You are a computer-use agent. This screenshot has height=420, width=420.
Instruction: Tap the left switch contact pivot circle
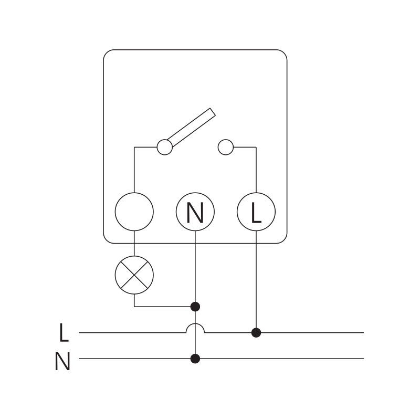(165, 148)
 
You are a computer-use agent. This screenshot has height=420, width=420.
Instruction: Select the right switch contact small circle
(225, 148)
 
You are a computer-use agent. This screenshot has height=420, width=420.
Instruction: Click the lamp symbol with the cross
(134, 275)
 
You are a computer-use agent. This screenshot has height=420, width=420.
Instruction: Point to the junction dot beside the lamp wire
(195, 306)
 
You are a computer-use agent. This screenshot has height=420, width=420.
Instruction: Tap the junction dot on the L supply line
(256, 332)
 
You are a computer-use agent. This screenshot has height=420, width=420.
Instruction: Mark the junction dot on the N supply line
(195, 359)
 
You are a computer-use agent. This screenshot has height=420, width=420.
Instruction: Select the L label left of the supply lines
(64, 333)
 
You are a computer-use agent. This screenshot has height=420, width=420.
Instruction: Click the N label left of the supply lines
(62, 362)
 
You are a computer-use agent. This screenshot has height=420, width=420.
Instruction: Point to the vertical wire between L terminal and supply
(256, 283)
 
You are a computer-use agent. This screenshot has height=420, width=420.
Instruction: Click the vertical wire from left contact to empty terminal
(134, 171)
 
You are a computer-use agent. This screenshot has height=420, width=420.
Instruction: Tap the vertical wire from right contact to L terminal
(256, 171)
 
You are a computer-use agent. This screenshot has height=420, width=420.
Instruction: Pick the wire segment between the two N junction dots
(195, 344)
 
